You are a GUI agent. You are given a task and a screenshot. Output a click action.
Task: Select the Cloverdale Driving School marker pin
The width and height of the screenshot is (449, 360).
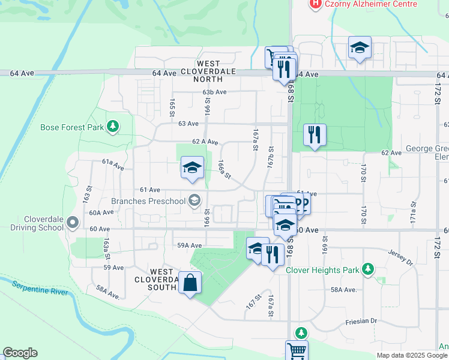pyautogui.click(x=73, y=223)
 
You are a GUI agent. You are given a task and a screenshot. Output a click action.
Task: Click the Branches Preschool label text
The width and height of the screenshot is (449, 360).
pyautogui.click(x=148, y=201)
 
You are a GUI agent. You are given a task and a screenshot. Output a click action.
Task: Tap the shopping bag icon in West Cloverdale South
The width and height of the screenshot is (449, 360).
pyautogui.click(x=190, y=283)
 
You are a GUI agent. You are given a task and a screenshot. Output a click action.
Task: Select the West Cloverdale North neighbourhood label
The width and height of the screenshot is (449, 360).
pyautogui.click(x=214, y=71)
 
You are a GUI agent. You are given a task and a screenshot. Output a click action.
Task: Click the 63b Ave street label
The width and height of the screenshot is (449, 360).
pyautogui.click(x=214, y=92)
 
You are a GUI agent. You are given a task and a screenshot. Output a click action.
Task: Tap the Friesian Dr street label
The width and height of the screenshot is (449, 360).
pyautogui.click(x=361, y=322)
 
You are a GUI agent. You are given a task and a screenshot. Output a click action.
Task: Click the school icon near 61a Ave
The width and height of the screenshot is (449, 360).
pyautogui.click(x=192, y=168)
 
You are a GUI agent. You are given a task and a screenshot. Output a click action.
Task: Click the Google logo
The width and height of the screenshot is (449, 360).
pyautogui.click(x=20, y=353)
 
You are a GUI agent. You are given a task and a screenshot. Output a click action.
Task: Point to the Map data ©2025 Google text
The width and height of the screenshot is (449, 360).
pyautogui.click(x=412, y=355)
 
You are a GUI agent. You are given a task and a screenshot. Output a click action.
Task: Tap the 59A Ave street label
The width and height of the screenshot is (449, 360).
pyautogui.click(x=189, y=245)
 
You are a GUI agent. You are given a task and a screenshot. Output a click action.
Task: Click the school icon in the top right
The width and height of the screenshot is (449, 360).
pyautogui.click(x=360, y=48)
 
